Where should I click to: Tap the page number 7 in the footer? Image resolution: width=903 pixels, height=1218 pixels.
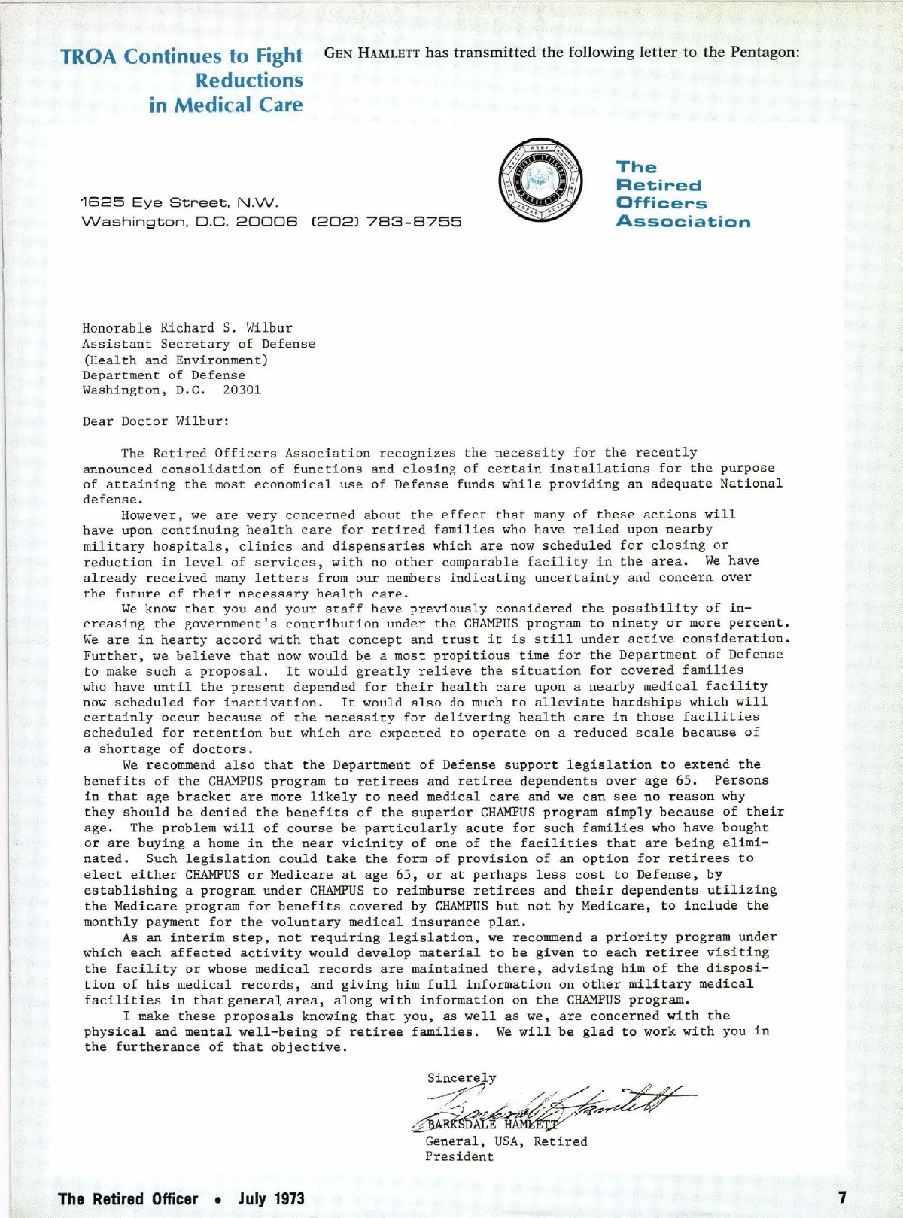(x=842, y=1197)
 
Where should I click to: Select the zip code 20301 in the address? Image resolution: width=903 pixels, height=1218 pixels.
(x=242, y=390)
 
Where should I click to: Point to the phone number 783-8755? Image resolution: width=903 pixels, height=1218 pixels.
(x=414, y=222)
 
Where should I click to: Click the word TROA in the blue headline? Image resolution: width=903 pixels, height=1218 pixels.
(x=90, y=57)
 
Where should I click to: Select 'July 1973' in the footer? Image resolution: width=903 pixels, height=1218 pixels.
(x=271, y=1198)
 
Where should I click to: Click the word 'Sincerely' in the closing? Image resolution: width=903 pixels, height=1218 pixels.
(x=461, y=1077)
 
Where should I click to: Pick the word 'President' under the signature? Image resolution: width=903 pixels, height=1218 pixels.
(x=459, y=1156)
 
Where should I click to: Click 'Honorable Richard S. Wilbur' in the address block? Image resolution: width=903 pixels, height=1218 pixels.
(x=187, y=328)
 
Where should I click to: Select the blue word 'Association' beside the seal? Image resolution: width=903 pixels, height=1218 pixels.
(x=683, y=222)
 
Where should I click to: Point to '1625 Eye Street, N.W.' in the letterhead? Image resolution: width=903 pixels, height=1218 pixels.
(x=179, y=202)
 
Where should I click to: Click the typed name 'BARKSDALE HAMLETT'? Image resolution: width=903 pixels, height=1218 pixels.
(x=493, y=1125)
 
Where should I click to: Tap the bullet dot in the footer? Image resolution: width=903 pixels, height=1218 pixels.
(x=217, y=1200)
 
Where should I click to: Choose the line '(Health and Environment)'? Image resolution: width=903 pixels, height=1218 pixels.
(x=175, y=360)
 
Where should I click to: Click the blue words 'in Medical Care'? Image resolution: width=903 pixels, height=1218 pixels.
(x=226, y=105)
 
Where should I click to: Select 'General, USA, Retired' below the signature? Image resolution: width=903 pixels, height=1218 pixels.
(x=506, y=1141)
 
